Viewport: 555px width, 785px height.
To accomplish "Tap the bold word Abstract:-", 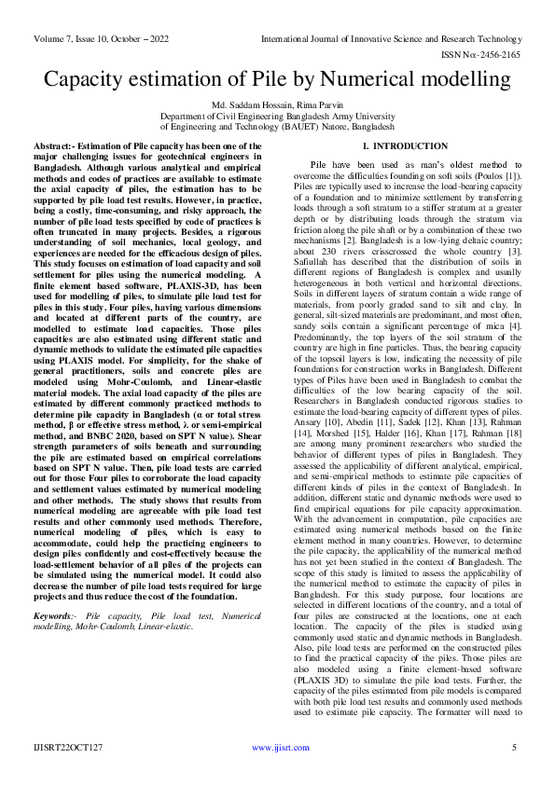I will (61, 147).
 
